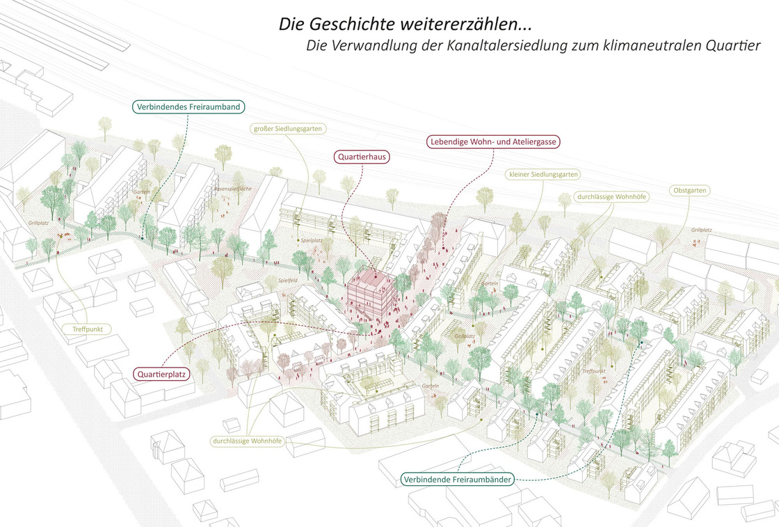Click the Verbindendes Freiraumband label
[188, 107]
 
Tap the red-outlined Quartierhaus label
[362, 157]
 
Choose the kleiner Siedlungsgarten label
[544, 174]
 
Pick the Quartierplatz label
[161, 374]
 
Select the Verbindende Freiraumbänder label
[458, 480]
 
